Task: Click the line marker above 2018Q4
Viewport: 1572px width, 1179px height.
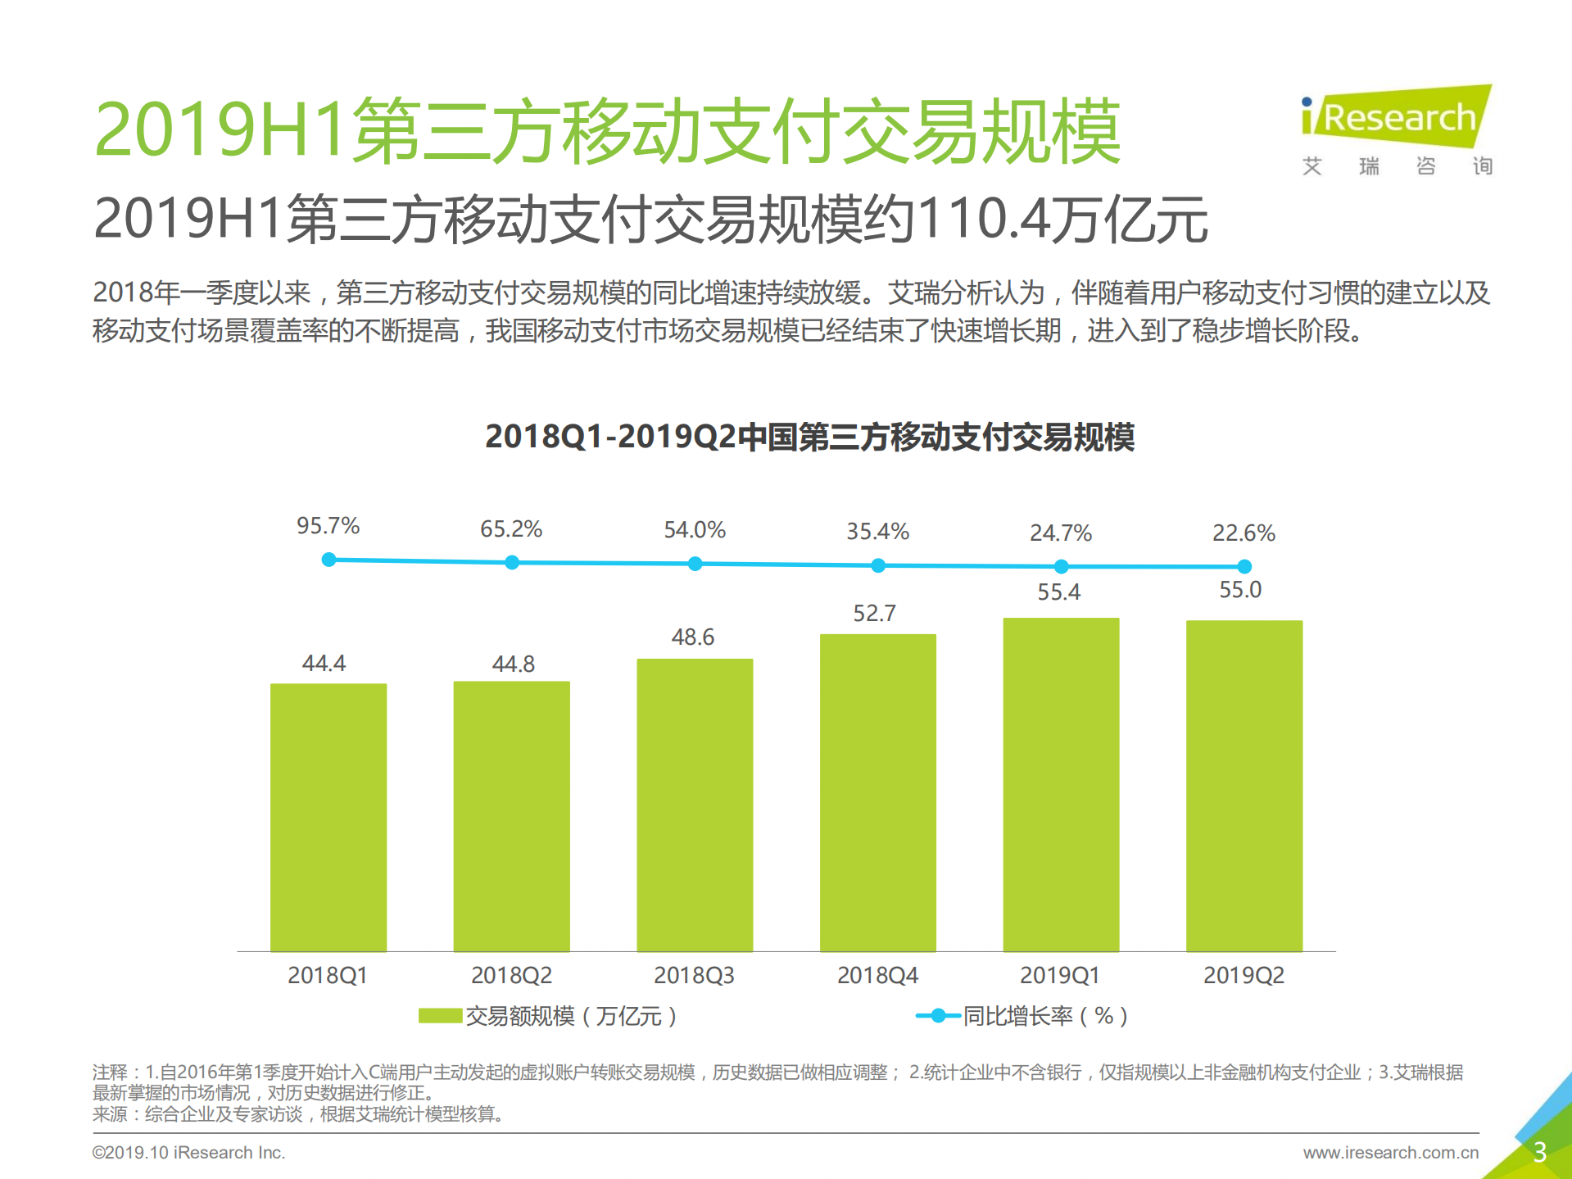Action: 878,565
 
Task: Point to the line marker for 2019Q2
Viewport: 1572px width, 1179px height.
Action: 1244,566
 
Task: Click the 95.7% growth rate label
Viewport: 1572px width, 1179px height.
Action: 328,526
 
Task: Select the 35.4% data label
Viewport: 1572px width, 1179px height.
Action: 877,532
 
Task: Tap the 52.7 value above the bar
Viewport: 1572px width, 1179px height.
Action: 874,614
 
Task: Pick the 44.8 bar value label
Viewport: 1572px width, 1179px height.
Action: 513,664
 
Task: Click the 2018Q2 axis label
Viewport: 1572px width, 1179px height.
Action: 511,975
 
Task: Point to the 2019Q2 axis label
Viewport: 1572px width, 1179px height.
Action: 1243,975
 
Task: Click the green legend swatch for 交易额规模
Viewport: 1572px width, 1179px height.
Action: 440,1016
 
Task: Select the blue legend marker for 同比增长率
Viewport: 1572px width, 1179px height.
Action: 937,1016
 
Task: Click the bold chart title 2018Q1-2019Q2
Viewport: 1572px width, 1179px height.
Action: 809,437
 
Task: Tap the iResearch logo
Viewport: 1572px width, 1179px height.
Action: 1396,119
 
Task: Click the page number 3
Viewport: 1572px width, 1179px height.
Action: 1539,1152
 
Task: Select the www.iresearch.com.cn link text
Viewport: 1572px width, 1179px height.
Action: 1390,1153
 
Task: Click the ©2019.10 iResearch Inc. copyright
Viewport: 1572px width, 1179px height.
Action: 188,1153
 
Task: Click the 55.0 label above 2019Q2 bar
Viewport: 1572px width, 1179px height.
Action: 1239,590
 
